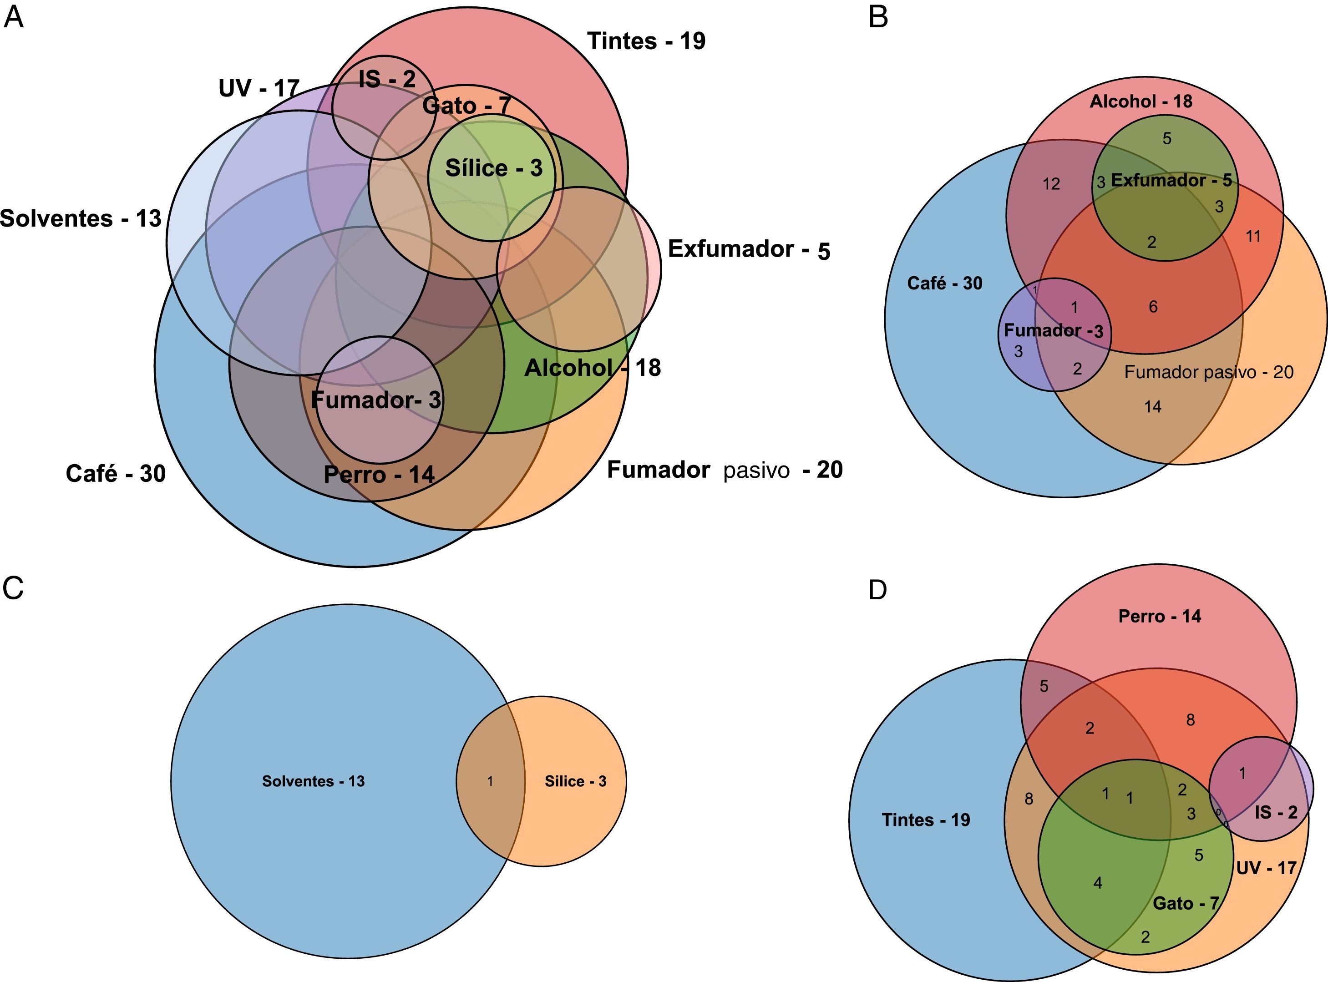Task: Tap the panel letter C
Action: coord(13,588)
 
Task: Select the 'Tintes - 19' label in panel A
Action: coord(646,41)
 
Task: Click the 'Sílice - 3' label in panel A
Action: coord(493,168)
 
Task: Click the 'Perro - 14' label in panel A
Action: coord(379,474)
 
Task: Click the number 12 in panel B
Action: coord(1051,184)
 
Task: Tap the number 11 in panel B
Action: coord(1253,237)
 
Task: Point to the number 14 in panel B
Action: coord(1153,407)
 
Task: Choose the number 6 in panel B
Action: coord(1153,307)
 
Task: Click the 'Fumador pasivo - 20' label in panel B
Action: coord(1208,372)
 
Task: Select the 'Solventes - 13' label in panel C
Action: coord(313,781)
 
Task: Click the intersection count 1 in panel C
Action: coord(490,781)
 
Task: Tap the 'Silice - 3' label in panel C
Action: coord(575,781)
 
